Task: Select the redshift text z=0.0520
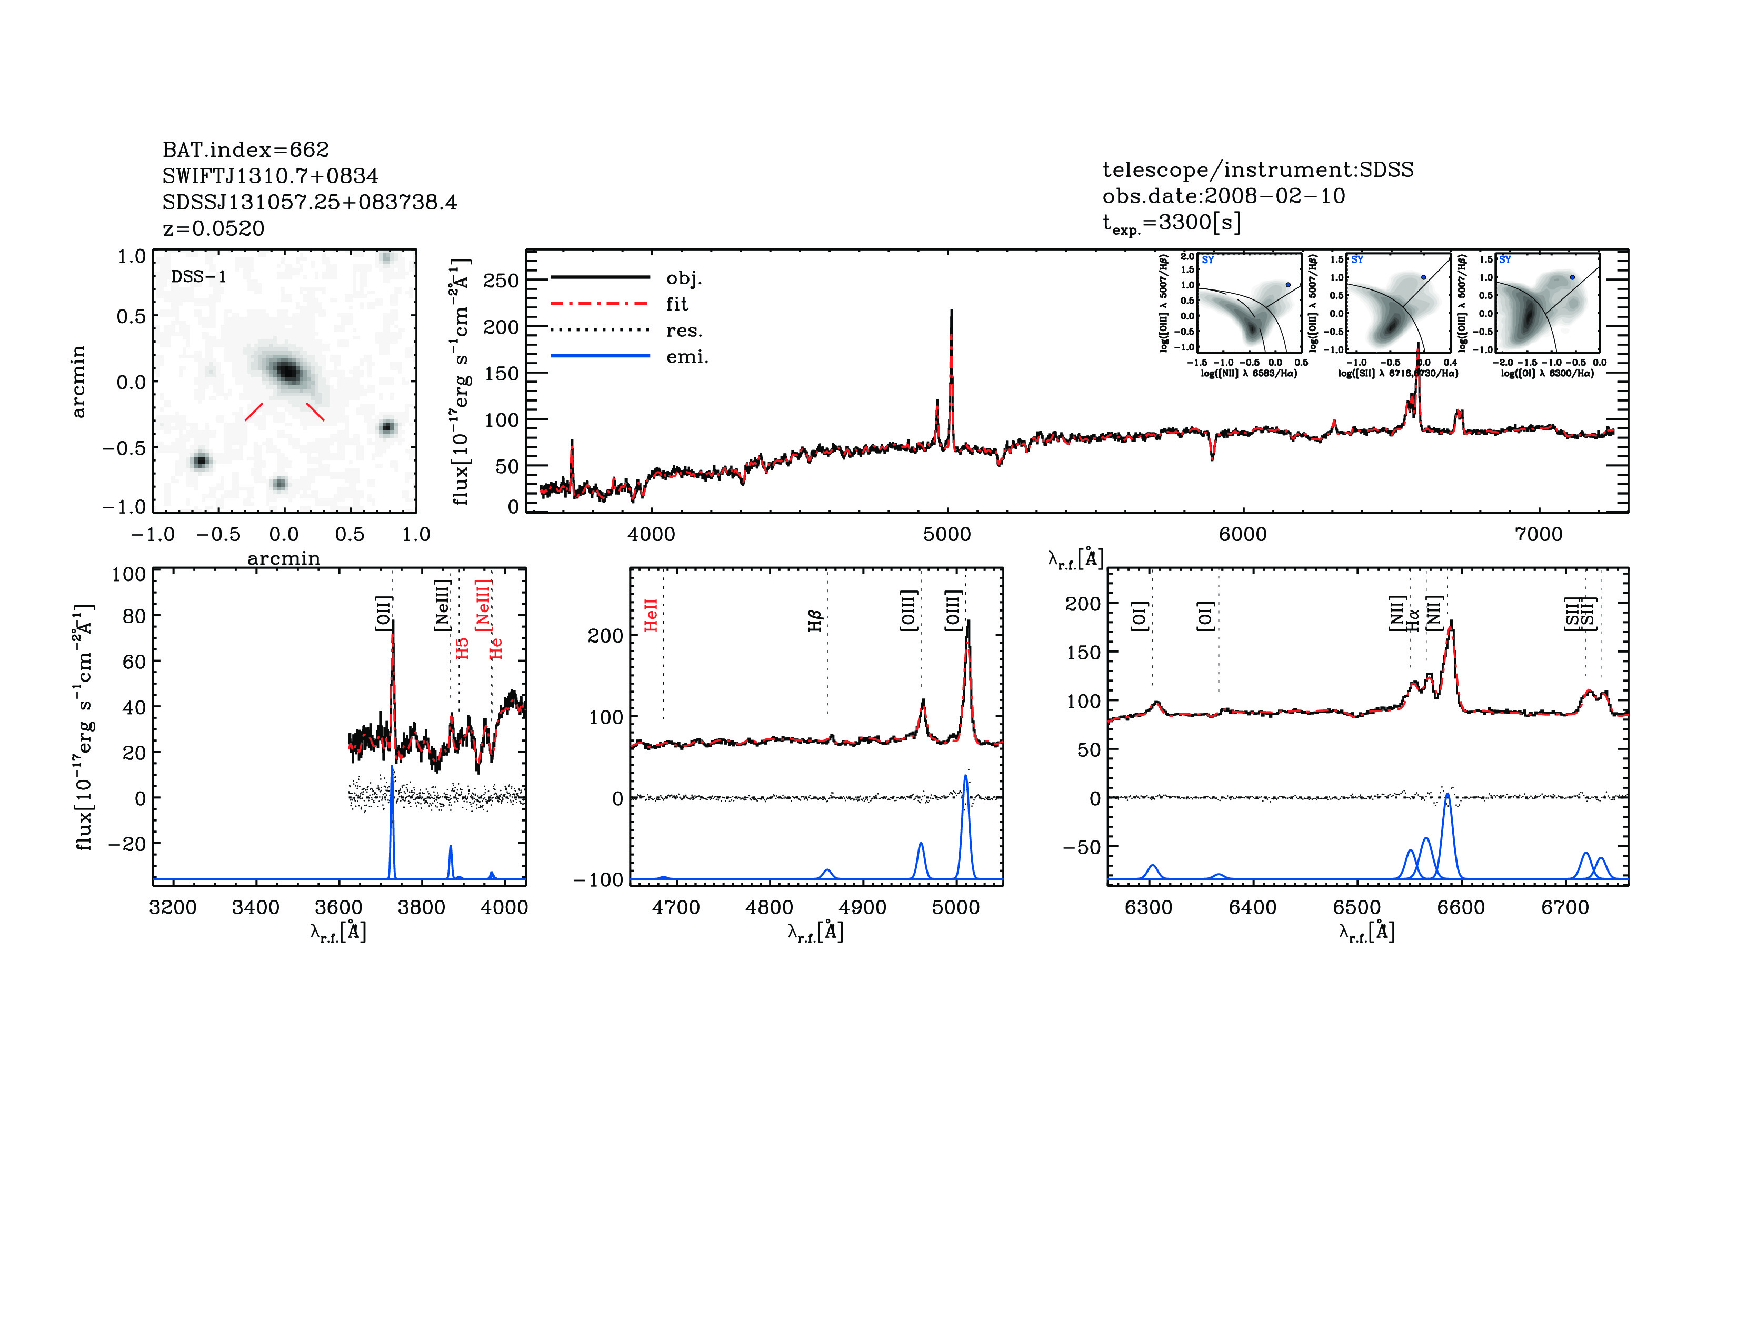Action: (213, 228)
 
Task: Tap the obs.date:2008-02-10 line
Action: (1223, 196)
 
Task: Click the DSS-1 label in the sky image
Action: (199, 277)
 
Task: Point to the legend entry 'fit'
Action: (677, 304)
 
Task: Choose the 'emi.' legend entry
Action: (687, 357)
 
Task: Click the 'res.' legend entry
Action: (684, 331)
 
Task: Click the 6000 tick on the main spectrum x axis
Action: (1242, 534)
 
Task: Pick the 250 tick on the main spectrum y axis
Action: (501, 281)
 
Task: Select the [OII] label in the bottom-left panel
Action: (383, 613)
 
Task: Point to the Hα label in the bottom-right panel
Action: (1413, 620)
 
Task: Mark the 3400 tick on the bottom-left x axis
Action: (255, 908)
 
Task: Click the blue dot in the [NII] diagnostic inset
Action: (1289, 285)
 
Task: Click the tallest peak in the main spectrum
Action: (951, 312)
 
